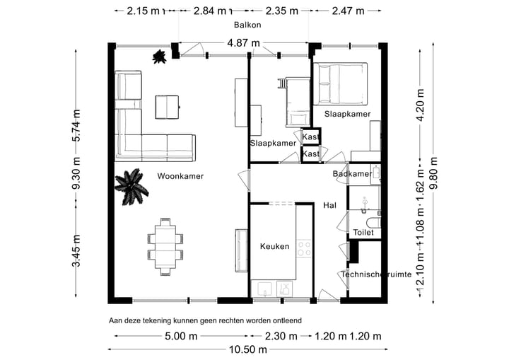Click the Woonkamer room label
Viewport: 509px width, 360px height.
[180, 176]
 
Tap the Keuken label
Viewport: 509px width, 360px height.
[274, 246]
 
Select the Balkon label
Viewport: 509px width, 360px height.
[247, 25]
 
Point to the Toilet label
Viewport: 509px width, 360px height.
[363, 232]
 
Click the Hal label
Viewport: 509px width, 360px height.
[330, 205]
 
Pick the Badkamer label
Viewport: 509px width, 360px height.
[352, 174]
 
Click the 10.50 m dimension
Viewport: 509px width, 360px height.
[248, 349]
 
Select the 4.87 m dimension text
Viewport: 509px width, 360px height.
[243, 43]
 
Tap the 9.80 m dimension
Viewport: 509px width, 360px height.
[433, 173]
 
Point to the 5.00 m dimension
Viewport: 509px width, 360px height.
[181, 336]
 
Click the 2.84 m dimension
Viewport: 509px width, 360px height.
[210, 11]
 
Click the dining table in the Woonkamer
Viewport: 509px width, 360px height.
[165, 247]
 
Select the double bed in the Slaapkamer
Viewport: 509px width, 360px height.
[340, 84]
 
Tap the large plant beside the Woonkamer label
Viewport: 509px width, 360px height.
[131, 187]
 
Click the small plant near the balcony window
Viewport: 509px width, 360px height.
[159, 57]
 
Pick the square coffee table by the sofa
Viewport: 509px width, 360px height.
[167, 107]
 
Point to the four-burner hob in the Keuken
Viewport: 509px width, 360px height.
[304, 248]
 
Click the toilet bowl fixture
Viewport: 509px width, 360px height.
[373, 223]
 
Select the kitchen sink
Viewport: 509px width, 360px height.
[264, 289]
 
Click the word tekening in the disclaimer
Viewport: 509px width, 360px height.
[158, 320]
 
